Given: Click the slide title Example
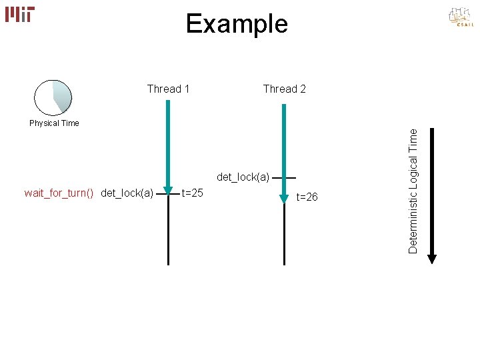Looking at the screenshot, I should point(237,24).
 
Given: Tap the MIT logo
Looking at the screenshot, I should point(20,14).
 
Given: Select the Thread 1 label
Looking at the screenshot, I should point(168,89).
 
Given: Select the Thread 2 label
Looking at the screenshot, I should point(285,89).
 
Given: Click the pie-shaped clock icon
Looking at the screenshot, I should point(53,97).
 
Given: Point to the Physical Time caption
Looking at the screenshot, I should point(54,123).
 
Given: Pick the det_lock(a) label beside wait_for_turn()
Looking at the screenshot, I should point(127,193).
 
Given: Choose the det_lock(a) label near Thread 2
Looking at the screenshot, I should point(243,177).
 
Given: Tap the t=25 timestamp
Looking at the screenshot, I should point(193,193).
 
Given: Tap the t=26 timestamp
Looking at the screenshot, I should point(307,197).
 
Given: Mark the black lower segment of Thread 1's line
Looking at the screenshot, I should point(169,233).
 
